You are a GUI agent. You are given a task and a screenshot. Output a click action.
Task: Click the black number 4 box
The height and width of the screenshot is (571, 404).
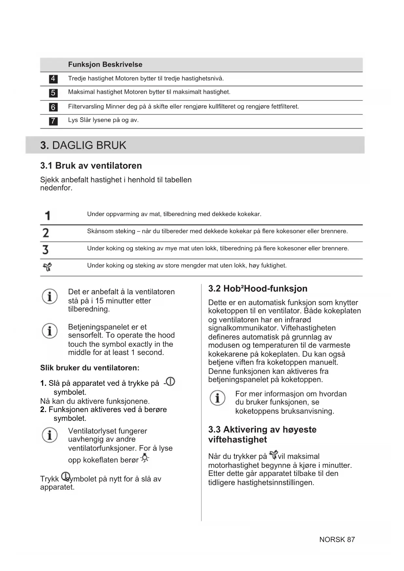tap(53, 79)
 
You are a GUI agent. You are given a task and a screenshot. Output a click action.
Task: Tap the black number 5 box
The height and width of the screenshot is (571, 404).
tap(53, 93)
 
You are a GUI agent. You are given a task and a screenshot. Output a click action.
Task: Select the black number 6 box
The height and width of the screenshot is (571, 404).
tap(53, 107)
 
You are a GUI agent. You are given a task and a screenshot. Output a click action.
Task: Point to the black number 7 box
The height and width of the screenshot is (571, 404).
tap(53, 121)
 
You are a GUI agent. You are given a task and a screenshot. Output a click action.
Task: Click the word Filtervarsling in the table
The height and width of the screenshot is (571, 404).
tap(86, 106)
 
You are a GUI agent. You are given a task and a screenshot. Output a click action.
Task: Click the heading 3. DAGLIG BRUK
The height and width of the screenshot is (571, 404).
tap(83, 145)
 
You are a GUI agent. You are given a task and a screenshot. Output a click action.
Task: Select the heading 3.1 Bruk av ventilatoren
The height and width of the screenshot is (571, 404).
tap(91, 166)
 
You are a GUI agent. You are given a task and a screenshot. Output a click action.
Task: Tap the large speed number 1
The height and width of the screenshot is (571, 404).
tap(48, 216)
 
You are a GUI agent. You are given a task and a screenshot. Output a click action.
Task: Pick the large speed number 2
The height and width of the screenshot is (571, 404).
tap(46, 233)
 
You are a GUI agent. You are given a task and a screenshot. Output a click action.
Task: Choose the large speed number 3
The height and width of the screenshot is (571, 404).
tap(46, 250)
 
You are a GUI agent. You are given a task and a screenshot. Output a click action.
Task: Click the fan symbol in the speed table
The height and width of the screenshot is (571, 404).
tap(48, 267)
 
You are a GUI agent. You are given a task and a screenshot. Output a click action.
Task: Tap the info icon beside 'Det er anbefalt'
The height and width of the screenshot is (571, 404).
tap(50, 297)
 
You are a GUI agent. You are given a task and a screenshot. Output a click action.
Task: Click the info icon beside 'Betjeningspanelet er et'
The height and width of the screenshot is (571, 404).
tap(50, 331)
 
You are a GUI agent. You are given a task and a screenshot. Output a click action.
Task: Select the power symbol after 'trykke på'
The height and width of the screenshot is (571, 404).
tap(171, 382)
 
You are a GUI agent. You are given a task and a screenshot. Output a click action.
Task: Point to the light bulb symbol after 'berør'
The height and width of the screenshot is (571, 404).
tap(145, 458)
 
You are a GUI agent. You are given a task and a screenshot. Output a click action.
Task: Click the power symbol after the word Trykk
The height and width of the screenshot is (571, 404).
tap(65, 476)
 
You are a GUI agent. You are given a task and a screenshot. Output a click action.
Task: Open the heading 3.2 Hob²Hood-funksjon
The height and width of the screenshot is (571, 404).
tap(258, 289)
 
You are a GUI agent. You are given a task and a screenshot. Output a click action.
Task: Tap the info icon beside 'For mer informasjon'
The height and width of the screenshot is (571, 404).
tap(217, 398)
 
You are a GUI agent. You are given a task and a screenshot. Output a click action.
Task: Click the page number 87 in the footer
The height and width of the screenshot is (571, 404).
tap(351, 539)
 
